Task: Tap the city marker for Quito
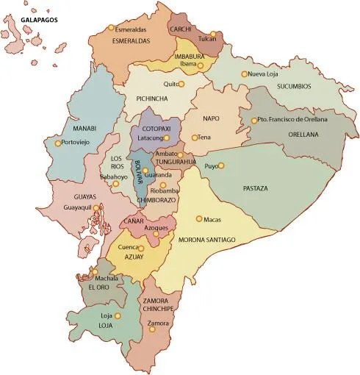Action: click(182, 84)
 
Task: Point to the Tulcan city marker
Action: click(213, 34)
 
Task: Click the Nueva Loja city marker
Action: click(245, 74)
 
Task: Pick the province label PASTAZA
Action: click(255, 189)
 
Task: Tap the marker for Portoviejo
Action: click(59, 142)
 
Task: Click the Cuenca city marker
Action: click(141, 249)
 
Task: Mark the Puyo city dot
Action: click(220, 165)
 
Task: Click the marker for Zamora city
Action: click(152, 329)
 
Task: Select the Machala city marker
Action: click(94, 272)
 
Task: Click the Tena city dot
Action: click(195, 137)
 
